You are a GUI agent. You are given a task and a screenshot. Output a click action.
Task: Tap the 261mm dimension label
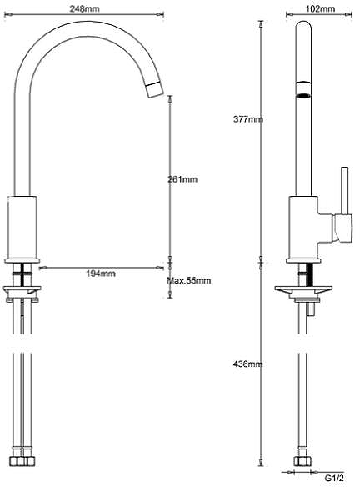click(183, 179)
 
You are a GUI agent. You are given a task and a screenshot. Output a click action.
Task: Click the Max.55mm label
click(188, 280)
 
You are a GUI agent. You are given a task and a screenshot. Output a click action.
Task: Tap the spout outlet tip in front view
click(153, 90)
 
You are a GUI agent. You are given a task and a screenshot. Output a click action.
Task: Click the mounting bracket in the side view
click(305, 291)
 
